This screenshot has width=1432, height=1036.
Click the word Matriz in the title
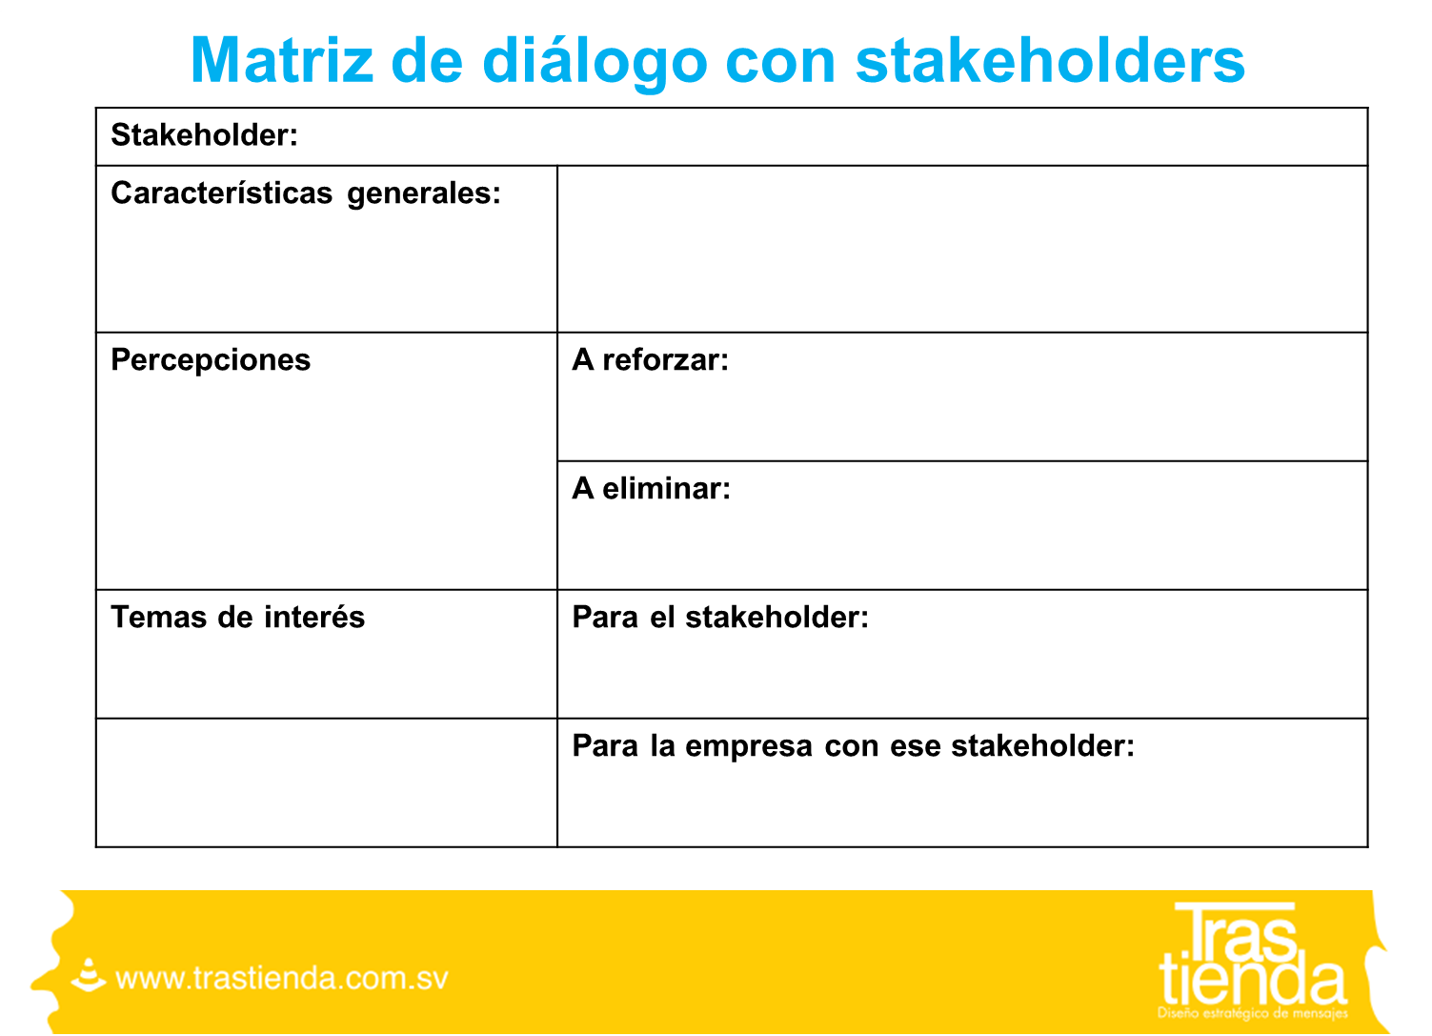click(282, 60)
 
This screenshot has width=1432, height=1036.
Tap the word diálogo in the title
click(595, 63)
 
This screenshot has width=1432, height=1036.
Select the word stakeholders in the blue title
click(1050, 60)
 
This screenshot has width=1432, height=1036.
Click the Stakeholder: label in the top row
click(205, 135)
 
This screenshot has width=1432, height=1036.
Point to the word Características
click(222, 193)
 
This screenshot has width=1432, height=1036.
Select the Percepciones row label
click(211, 361)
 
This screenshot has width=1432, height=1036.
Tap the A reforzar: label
click(650, 359)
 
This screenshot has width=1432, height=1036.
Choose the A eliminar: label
click(651, 488)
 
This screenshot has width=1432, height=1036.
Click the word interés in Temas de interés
click(314, 618)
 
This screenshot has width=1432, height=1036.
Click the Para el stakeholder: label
click(720, 618)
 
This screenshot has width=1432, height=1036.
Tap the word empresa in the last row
click(749, 747)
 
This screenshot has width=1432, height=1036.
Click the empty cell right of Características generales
click(962, 249)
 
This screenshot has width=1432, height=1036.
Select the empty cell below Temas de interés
click(327, 782)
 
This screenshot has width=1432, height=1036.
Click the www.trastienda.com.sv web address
click(282, 979)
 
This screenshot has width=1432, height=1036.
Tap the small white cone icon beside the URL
click(89, 975)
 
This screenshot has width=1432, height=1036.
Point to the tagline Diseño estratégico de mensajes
click(1252, 1014)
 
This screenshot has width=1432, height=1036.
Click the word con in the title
click(780, 65)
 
